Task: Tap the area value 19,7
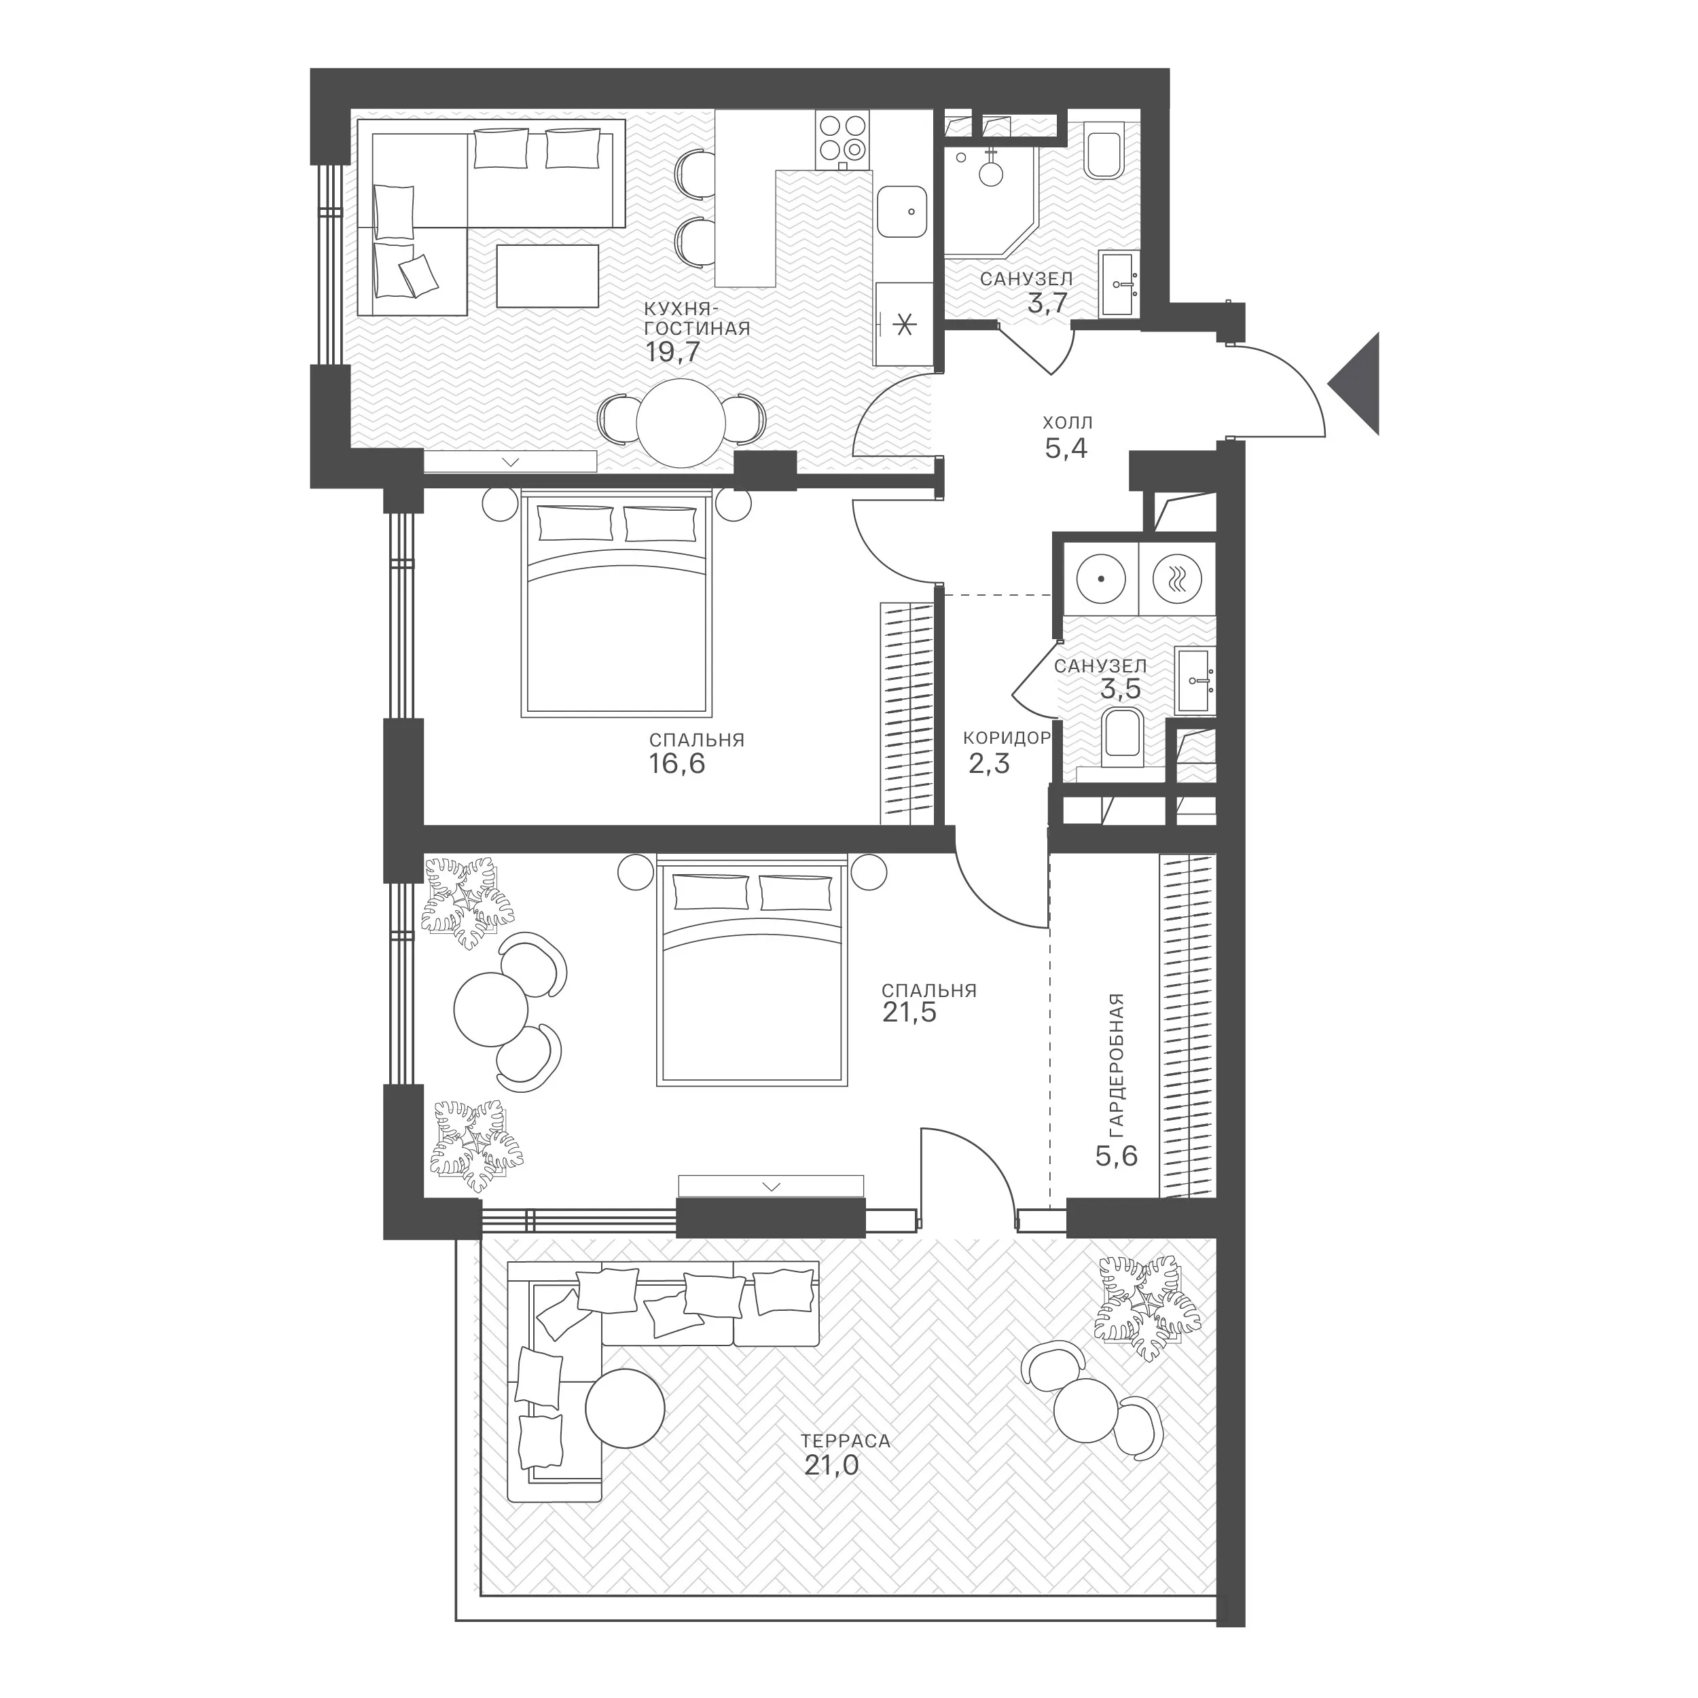pyautogui.click(x=672, y=353)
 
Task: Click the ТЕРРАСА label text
pyautogui.click(x=846, y=1441)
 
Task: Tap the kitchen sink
pyautogui.click(x=903, y=211)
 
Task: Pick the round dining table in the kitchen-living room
pyautogui.click(x=681, y=422)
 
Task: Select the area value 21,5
pyautogui.click(x=909, y=1013)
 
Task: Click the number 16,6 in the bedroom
pyautogui.click(x=676, y=763)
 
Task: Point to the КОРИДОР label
pyautogui.click(x=1007, y=738)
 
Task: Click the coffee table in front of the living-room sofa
pyautogui.click(x=547, y=276)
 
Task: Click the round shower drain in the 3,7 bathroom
pyautogui.click(x=992, y=173)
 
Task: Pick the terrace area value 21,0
pyautogui.click(x=831, y=1464)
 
